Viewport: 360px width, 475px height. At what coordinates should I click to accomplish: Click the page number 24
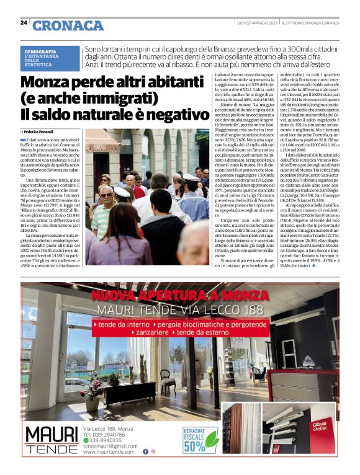coord(24,22)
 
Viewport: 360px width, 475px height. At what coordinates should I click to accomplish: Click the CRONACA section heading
coord(68,25)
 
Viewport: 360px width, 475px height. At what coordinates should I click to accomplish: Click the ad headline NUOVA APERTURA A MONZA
coord(179,295)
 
